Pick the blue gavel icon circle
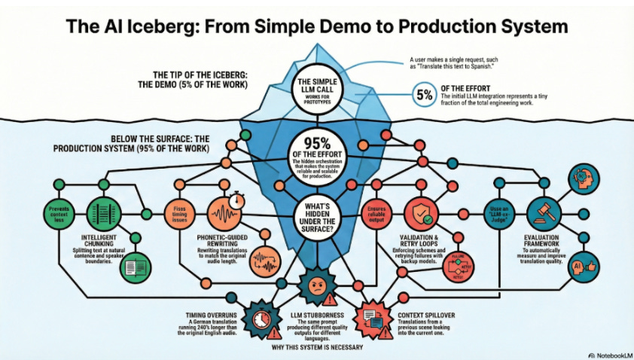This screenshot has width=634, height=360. coord(544,210)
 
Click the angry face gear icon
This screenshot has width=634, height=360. coord(316,285)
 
